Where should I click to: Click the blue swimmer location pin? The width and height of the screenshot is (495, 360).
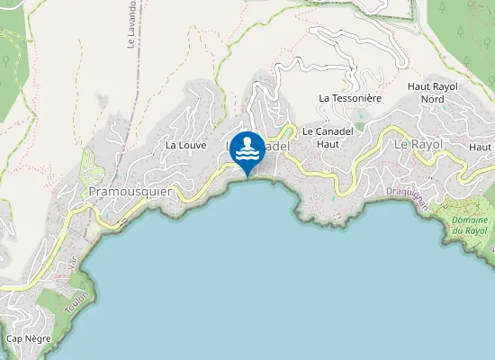[247, 152]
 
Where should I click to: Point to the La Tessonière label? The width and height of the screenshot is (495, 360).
[350, 97]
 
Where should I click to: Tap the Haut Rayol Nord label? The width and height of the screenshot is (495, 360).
[433, 92]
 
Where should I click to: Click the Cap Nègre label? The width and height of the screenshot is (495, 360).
[27, 338]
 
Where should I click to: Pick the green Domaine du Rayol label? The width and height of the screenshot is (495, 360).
[469, 226]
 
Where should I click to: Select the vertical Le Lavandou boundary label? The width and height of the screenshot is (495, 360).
[131, 24]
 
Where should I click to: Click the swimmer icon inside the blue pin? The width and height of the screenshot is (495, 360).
[247, 148]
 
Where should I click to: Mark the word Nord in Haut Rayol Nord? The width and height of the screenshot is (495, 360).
[433, 98]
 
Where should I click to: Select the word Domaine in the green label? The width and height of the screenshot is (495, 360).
[469, 220]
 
